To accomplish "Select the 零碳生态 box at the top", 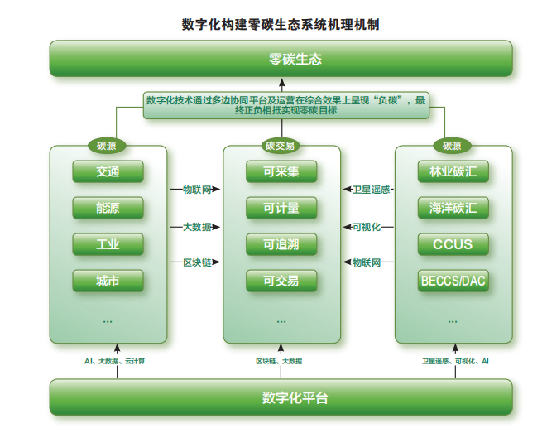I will click(x=281, y=60).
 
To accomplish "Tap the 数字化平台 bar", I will click(x=281, y=397).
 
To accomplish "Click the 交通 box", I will click(x=108, y=172).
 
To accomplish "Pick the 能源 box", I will click(x=108, y=208).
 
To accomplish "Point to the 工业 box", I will click(x=108, y=244).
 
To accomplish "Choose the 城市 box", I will click(x=108, y=281).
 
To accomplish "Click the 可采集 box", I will click(x=281, y=172).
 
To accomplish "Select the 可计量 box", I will click(x=281, y=208).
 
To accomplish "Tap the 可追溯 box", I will click(x=281, y=244).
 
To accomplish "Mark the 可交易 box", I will click(x=281, y=281).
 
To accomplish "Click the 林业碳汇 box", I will click(x=453, y=172).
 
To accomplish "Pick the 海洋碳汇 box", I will click(x=453, y=208).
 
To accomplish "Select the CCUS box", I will click(x=453, y=244).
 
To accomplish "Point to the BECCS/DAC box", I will click(x=453, y=281).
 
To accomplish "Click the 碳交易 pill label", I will click(x=281, y=146).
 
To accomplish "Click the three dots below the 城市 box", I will click(x=108, y=320).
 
